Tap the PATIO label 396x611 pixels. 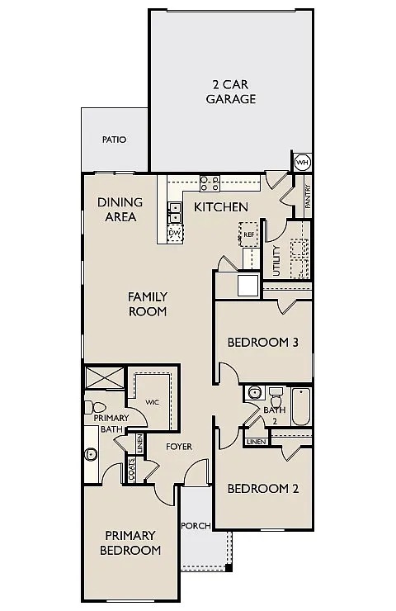point(114,140)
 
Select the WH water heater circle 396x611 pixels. point(302,162)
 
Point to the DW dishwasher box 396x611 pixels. point(174,234)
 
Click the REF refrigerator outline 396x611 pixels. point(248,234)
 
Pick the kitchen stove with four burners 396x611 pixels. point(209,182)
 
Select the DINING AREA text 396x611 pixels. point(120,210)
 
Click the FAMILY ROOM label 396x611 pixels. point(148,304)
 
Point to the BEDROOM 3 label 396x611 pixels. point(262,342)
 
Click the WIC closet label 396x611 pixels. point(152,402)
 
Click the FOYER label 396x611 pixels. point(178,447)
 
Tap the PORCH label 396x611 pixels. point(196,525)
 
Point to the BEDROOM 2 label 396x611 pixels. point(262,488)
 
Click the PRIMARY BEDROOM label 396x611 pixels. point(130,542)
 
